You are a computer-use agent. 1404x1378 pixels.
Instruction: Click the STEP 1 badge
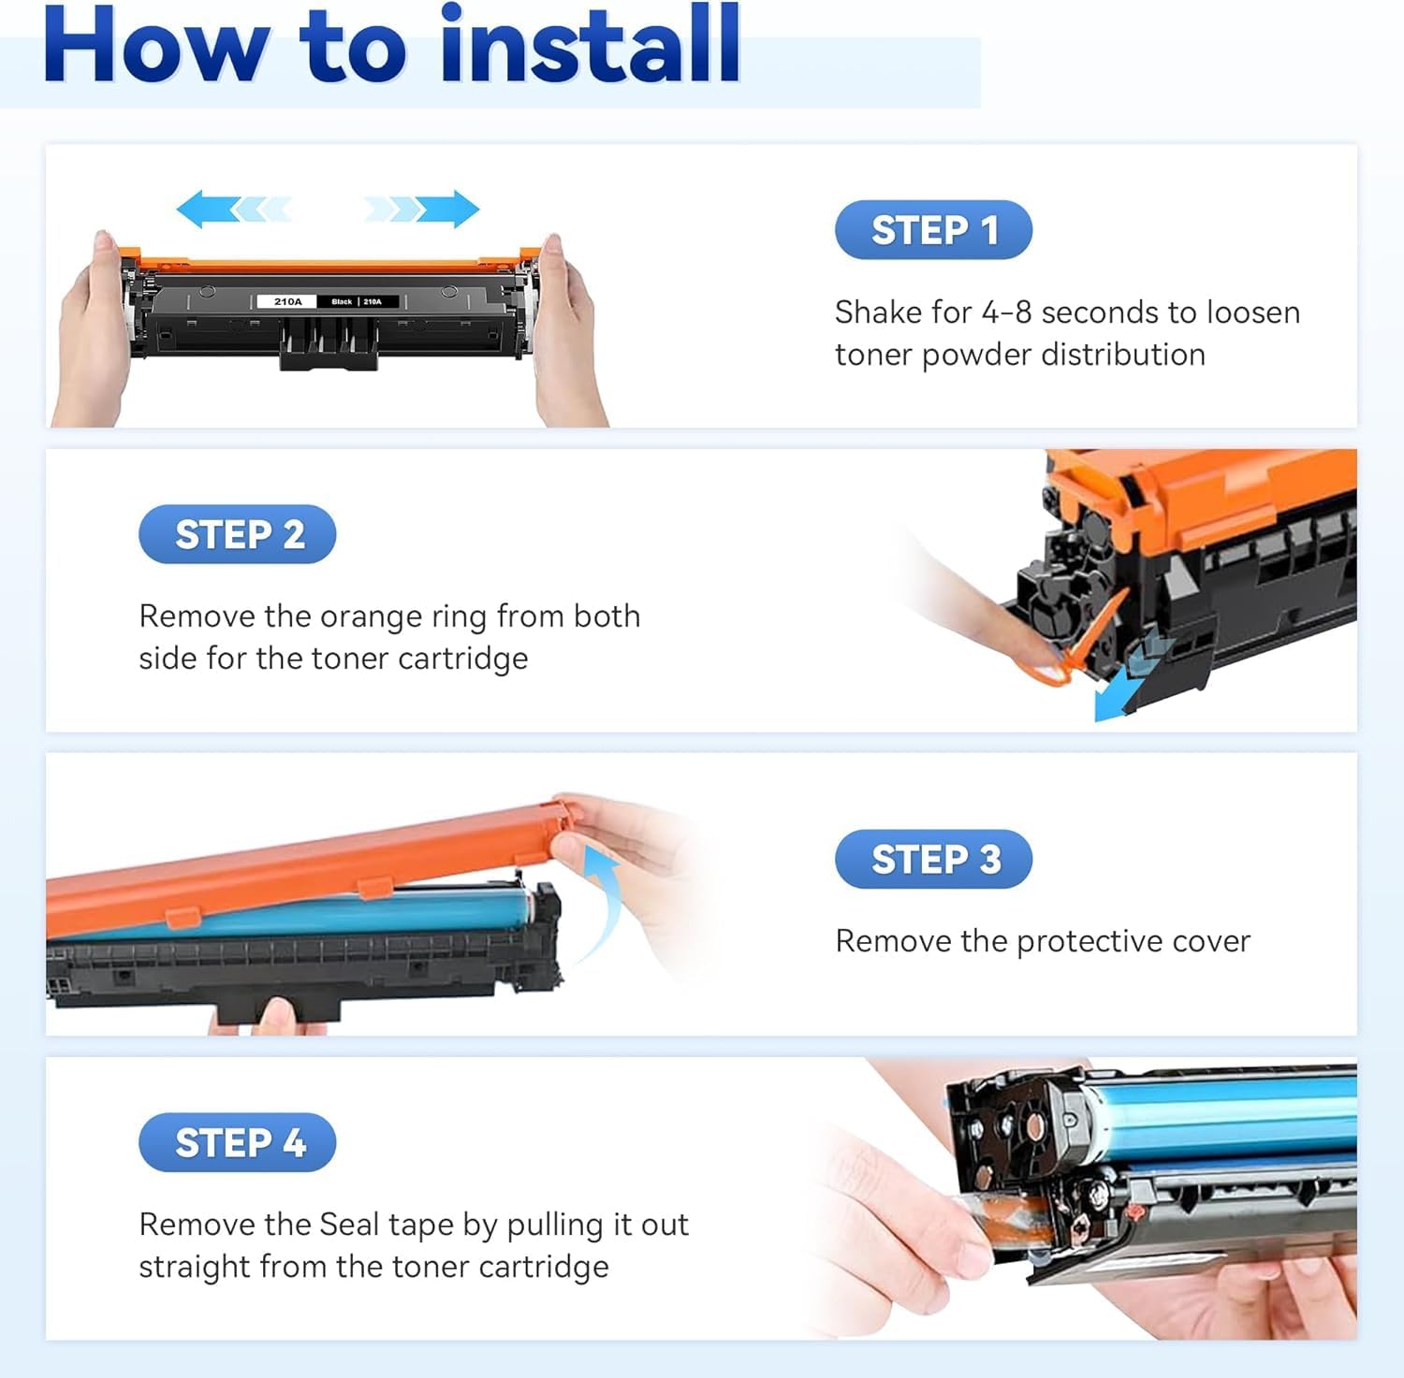point(933,230)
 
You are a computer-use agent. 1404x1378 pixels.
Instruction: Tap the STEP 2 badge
point(237,534)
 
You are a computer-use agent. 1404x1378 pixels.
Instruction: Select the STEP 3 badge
point(933,859)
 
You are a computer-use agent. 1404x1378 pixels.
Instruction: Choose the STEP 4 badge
point(237,1142)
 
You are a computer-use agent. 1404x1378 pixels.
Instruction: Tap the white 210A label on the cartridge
point(288,301)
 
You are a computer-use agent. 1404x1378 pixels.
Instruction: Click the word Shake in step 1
point(876,312)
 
